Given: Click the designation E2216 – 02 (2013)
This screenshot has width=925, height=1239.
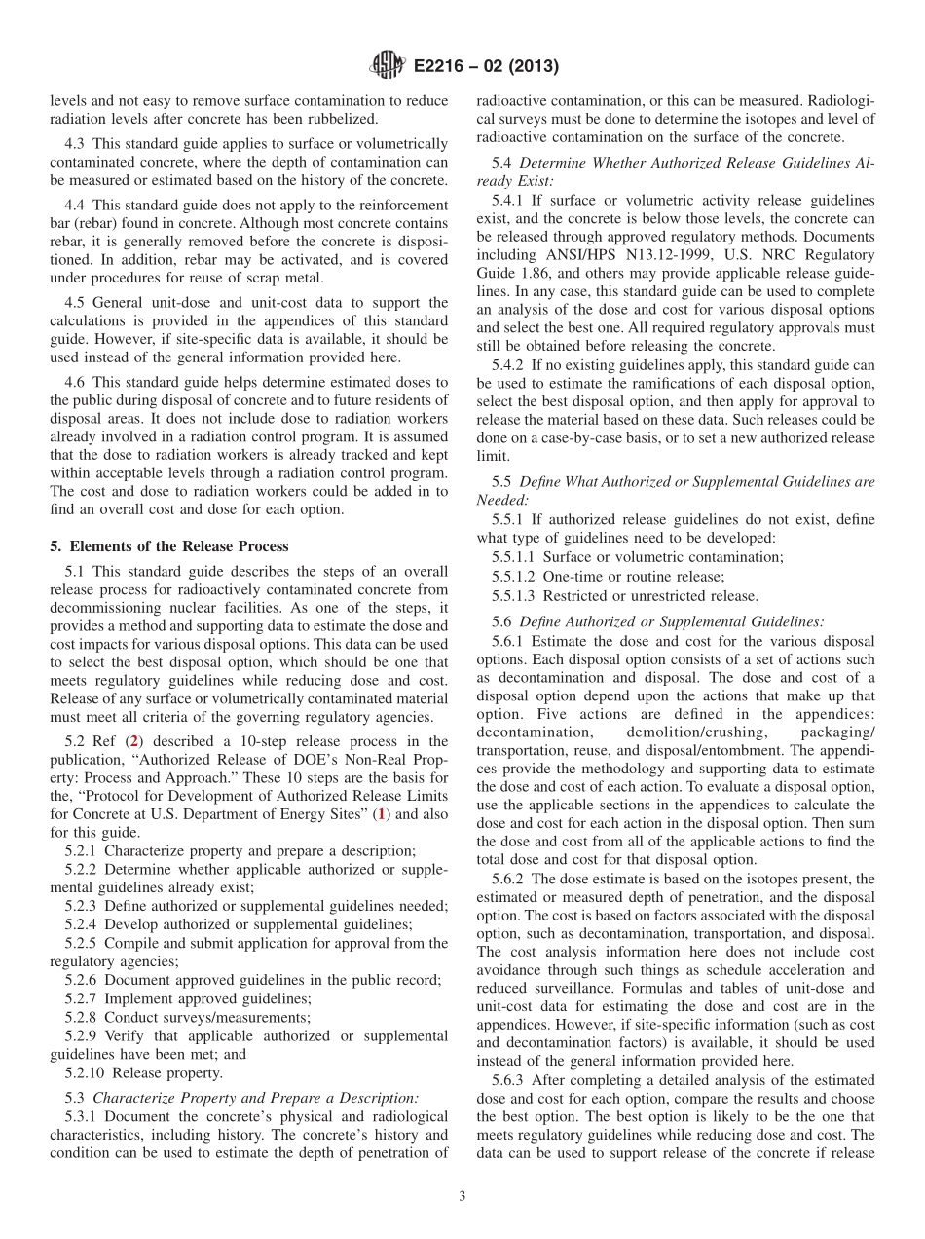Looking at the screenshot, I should (x=480, y=67).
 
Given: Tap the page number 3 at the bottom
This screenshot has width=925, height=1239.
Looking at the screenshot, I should (x=462, y=1196).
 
